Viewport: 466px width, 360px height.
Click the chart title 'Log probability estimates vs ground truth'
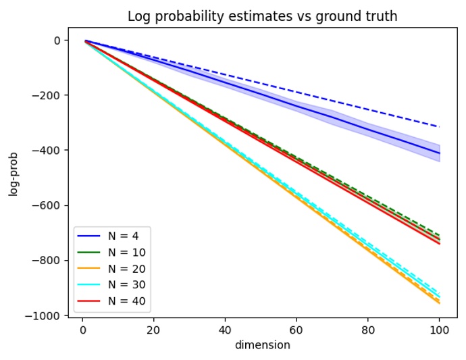click(x=262, y=17)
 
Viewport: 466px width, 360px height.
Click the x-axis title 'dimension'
click(x=262, y=345)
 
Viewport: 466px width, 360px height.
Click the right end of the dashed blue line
click(x=439, y=127)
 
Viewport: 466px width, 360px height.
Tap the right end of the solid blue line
click(x=439, y=153)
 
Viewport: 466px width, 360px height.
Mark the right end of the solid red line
click(x=439, y=244)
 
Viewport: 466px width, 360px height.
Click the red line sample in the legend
click(x=89, y=301)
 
